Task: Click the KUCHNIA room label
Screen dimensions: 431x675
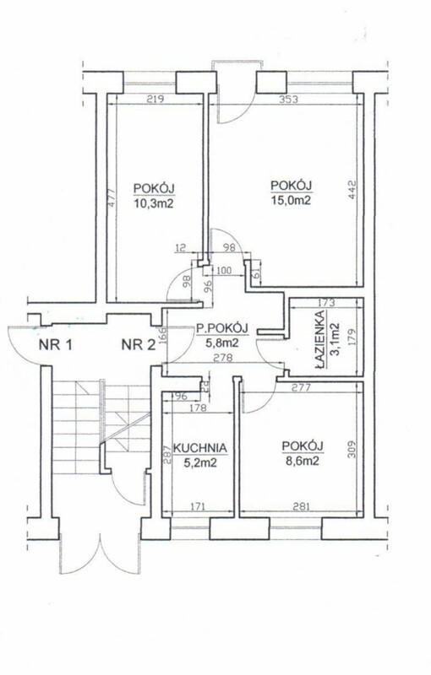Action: tap(199, 448)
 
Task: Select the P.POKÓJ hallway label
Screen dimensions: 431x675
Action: tap(222, 328)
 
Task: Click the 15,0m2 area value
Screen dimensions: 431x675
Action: tap(291, 200)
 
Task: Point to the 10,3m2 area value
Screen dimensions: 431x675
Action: tap(154, 203)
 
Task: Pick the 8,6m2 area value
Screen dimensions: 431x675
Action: tap(303, 461)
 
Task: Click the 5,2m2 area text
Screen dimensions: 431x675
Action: tap(200, 462)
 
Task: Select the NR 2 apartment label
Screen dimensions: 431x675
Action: tap(139, 345)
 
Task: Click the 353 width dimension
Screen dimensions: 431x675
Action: tap(289, 100)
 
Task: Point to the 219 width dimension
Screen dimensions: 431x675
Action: tap(155, 100)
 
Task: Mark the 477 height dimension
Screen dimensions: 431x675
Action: tap(112, 198)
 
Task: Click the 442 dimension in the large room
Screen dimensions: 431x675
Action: tap(352, 188)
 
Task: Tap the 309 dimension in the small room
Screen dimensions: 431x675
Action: tap(352, 449)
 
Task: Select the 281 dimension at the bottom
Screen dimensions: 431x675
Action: tap(302, 506)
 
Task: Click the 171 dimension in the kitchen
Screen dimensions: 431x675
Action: tap(197, 506)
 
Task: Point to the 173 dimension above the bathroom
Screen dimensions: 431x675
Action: tap(326, 303)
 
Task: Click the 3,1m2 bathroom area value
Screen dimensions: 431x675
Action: tap(334, 340)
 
